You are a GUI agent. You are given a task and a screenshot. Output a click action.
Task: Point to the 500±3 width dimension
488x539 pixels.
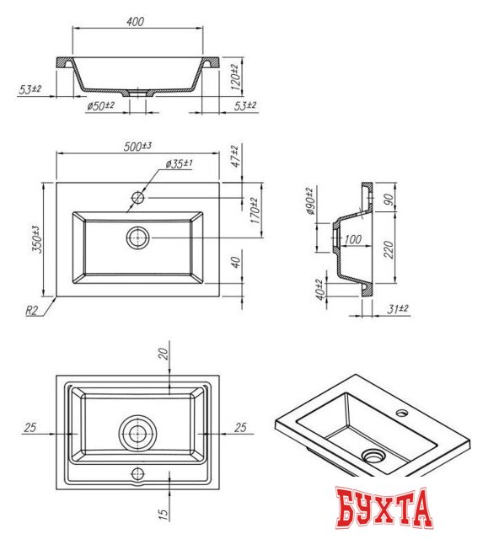137,147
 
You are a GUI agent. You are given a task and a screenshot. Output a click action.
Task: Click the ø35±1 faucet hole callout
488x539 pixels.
180,163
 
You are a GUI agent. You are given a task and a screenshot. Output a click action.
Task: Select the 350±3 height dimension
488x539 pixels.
35,239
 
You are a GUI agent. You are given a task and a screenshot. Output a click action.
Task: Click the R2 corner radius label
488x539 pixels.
32,311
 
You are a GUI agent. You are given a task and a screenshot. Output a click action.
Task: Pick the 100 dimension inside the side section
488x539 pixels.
352,240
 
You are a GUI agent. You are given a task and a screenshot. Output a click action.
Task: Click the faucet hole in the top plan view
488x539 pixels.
138,199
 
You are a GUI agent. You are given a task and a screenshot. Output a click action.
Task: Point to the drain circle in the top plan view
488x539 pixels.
137,237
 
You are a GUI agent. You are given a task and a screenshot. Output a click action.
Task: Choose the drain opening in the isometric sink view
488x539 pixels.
372,456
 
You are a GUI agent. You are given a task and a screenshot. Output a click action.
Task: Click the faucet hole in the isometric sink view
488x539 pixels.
402,414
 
